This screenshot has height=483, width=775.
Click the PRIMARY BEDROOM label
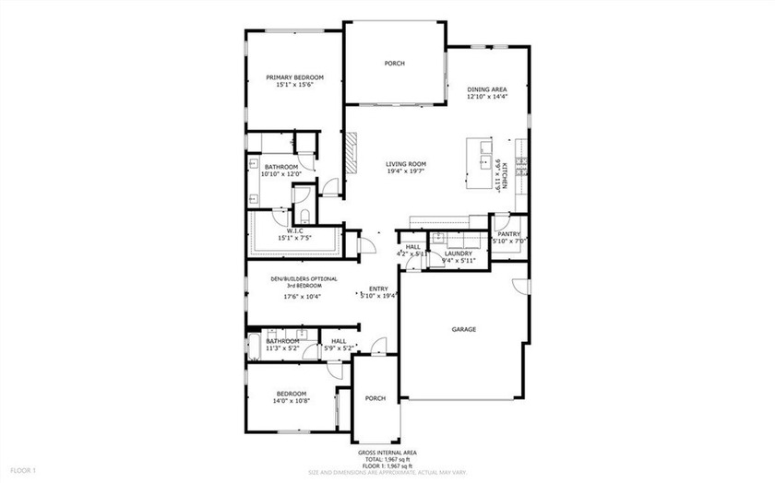(295, 77)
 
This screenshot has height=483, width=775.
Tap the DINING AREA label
(487, 88)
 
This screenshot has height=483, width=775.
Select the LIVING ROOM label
(406, 164)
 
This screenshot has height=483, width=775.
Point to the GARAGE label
(463, 329)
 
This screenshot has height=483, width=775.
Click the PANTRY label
(509, 234)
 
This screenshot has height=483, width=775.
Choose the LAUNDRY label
(459, 253)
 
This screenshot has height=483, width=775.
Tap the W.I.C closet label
(295, 230)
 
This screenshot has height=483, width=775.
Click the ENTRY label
(379, 289)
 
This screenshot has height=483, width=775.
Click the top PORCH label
(395, 64)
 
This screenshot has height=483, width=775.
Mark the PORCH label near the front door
(375, 399)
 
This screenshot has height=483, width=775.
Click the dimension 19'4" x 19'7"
(406, 172)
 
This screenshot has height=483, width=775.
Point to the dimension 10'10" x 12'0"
(281, 174)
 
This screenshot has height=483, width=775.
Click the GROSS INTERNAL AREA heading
(387, 454)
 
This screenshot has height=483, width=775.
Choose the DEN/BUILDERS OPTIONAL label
(304, 278)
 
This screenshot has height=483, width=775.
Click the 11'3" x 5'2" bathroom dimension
(281, 348)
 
